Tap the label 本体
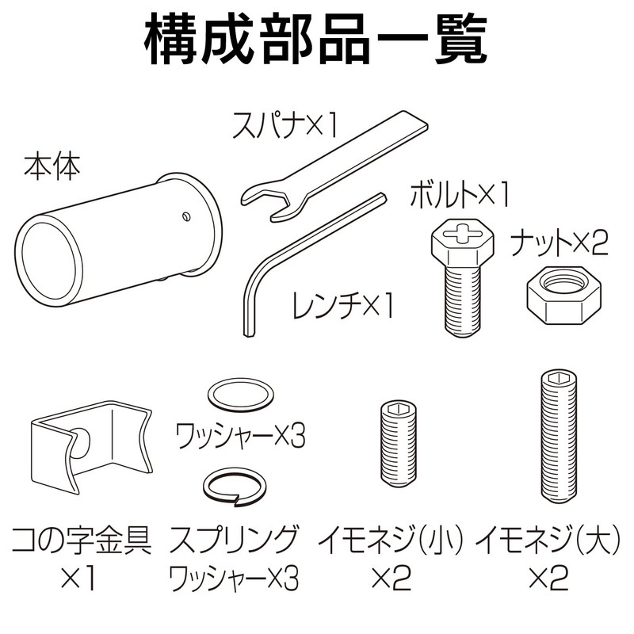click(x=52, y=168)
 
